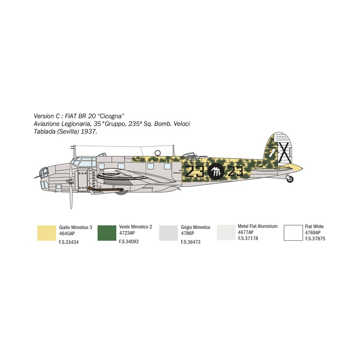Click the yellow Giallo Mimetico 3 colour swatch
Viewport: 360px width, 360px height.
point(47,233)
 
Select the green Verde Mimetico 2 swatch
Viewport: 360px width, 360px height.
point(107,233)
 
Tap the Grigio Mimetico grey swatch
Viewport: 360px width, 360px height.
point(168,233)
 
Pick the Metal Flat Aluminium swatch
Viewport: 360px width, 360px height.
point(226,232)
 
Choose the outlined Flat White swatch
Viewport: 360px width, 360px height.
point(293,233)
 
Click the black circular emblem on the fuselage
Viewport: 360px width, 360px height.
point(216,171)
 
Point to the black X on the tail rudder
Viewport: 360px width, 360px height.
point(285,153)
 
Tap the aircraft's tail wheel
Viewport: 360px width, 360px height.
point(290,179)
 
